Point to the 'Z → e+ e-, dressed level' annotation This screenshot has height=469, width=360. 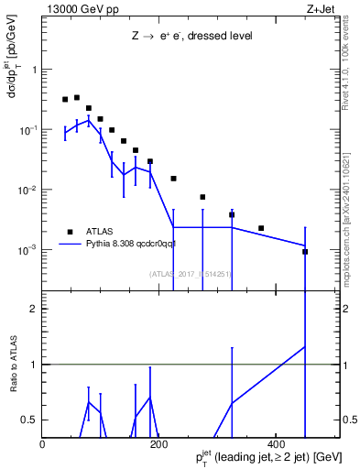(191, 37)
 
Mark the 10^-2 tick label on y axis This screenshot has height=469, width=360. (27, 191)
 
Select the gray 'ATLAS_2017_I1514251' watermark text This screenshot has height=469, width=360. (190, 274)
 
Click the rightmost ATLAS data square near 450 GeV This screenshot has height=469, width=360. (305, 252)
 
